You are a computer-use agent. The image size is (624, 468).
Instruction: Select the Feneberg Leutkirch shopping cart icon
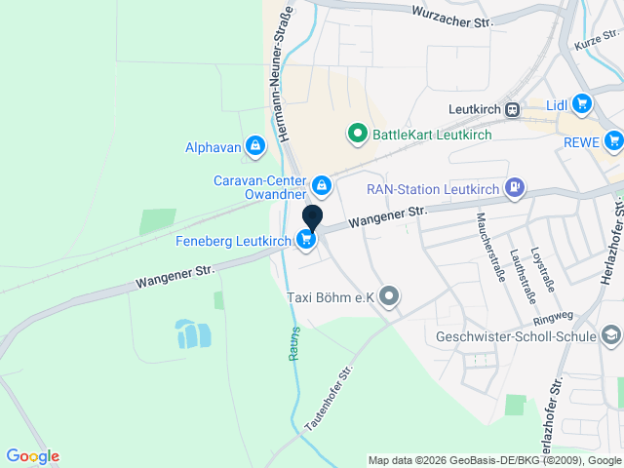point(307,240)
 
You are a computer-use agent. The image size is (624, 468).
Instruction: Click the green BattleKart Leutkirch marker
point(358,134)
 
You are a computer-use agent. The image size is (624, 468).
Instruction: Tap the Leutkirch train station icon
point(513,110)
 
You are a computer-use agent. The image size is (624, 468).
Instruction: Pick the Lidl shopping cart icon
point(582,103)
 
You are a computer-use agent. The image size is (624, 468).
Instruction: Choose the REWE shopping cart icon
point(612,141)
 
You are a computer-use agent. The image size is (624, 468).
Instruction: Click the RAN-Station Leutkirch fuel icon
point(515,187)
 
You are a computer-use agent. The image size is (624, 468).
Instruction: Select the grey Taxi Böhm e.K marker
point(390,296)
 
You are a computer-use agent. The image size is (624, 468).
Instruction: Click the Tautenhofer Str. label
point(329,400)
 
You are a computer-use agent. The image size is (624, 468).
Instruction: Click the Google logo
point(32,456)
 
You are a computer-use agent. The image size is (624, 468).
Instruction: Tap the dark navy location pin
point(312,218)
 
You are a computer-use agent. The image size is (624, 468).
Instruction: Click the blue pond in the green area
point(192,334)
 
